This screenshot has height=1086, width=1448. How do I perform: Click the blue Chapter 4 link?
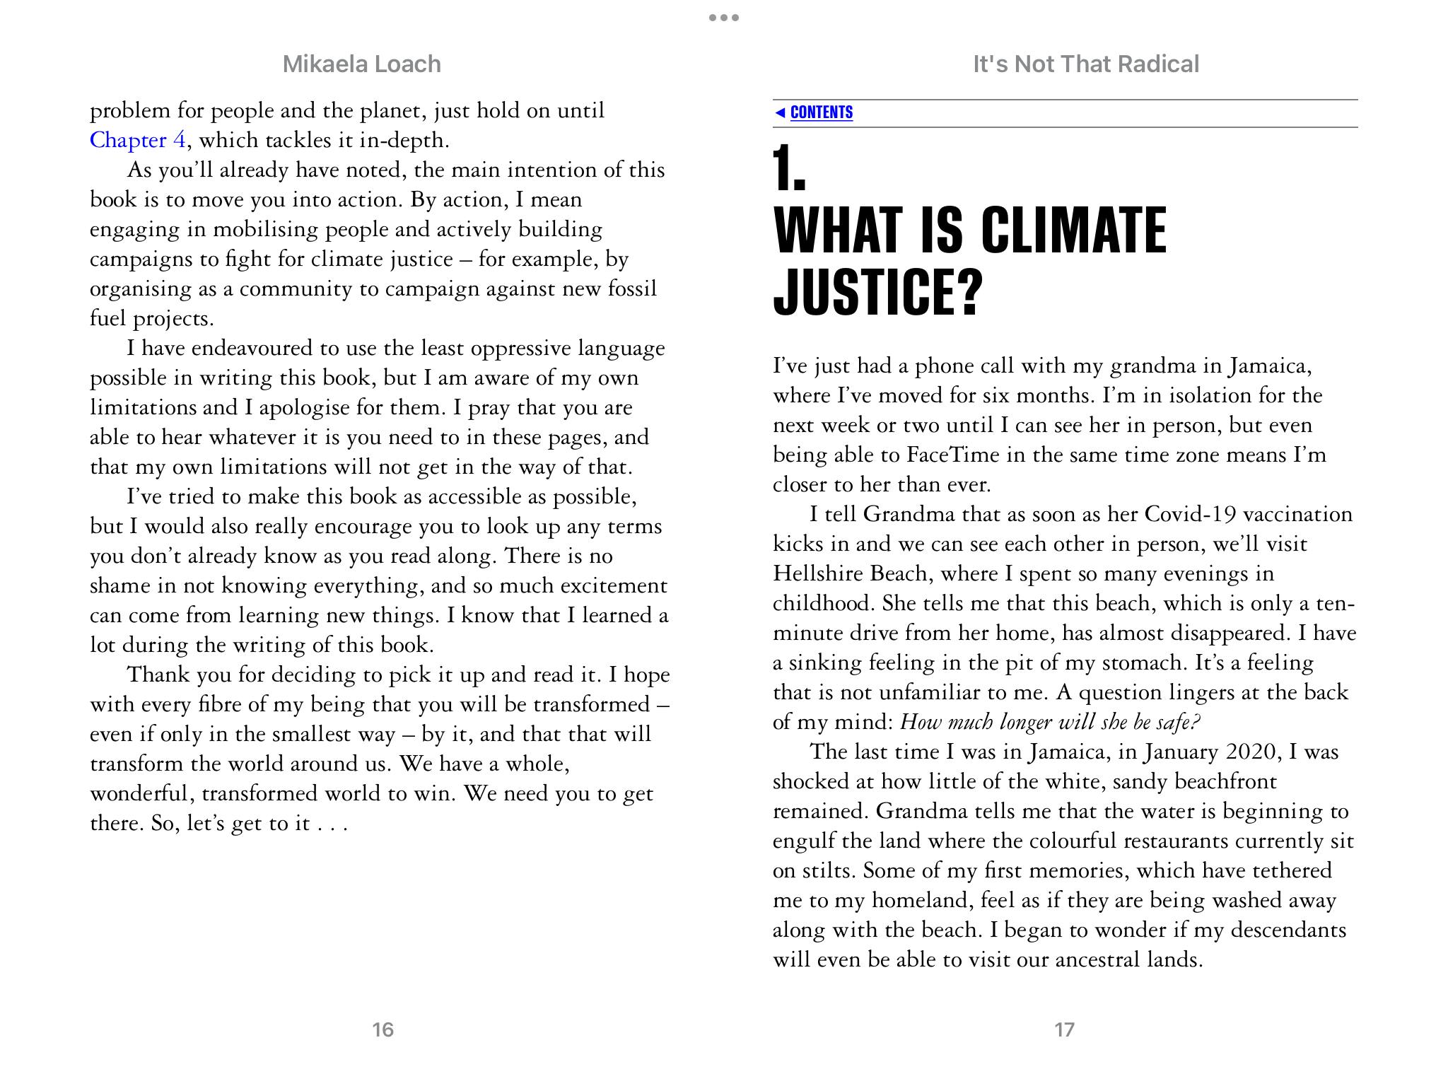point(138,140)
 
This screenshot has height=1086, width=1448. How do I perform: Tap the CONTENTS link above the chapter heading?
point(821,112)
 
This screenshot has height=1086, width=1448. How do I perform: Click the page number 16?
point(383,1029)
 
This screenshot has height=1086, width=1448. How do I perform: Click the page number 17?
point(1064,1029)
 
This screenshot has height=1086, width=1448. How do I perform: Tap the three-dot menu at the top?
point(724,18)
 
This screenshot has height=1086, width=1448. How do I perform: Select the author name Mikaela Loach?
point(361,64)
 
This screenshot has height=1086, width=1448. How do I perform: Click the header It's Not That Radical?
point(1085,64)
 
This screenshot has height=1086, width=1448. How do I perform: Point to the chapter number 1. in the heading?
point(790,169)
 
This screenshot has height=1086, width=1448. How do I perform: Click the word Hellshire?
point(817,573)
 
